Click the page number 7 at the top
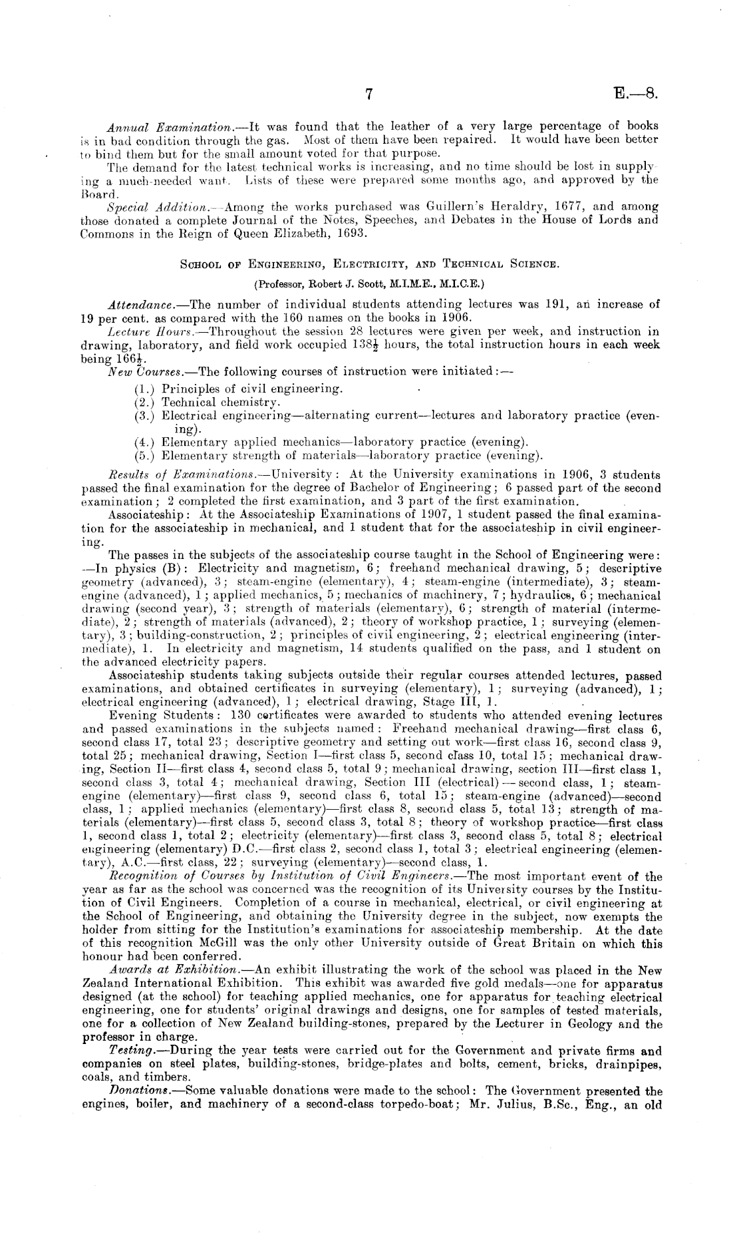(x=369, y=94)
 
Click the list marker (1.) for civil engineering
(x=145, y=389)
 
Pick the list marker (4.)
(x=145, y=442)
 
